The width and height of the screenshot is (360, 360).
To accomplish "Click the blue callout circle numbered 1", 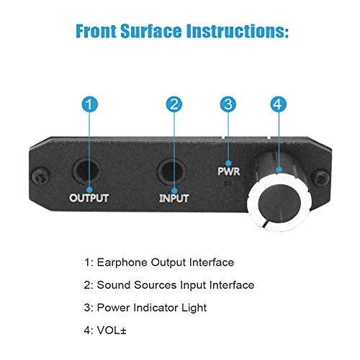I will pos(88,104).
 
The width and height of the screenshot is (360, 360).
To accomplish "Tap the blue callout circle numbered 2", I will pos(173,104).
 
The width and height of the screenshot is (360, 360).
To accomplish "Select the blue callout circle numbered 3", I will pos(228,104).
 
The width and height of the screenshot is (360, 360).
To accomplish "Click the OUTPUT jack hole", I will pos(88,171).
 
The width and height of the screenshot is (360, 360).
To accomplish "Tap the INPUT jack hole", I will pos(173,171).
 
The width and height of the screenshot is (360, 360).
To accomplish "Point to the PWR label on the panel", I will pos(229,171).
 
